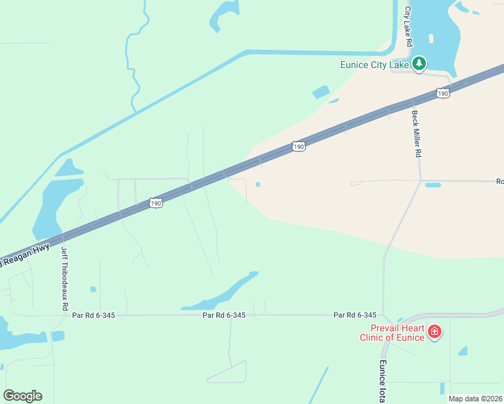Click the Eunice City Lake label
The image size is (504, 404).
375,65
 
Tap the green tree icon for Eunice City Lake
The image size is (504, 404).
419,64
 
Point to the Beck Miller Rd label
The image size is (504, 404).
416,133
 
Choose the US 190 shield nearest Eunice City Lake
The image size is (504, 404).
442,94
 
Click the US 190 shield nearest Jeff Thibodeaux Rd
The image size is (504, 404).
156,202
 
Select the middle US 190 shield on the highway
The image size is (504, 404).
299,145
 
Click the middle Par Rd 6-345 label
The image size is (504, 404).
224,315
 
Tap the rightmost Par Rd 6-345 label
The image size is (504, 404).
354,315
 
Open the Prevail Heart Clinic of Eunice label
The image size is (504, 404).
391,333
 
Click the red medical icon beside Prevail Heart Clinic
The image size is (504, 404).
435,331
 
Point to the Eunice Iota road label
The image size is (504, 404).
381,381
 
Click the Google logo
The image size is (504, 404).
22,396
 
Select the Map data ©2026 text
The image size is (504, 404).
475,399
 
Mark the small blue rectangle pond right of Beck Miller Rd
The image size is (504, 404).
433,184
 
